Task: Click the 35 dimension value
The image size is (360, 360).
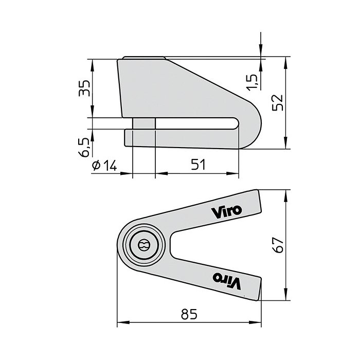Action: (83, 88)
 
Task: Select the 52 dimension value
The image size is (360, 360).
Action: (278, 103)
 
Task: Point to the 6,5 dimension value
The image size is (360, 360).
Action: (83, 146)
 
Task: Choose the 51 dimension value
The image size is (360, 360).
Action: (198, 165)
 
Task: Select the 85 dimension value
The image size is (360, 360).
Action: (190, 313)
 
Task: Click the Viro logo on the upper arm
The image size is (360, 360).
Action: (225, 210)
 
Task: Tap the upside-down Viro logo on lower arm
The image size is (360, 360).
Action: (227, 280)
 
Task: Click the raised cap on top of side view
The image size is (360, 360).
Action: (143, 58)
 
